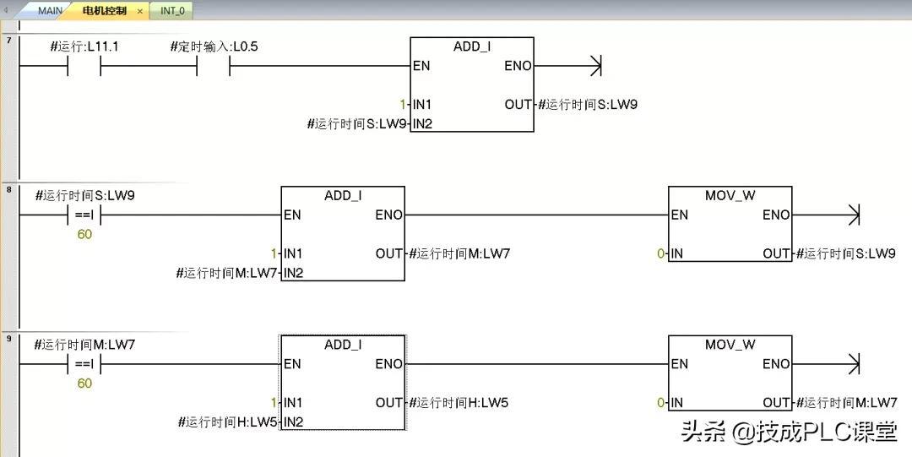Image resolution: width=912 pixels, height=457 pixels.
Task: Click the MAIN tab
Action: tap(50, 11)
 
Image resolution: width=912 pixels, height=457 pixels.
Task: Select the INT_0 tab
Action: tap(172, 11)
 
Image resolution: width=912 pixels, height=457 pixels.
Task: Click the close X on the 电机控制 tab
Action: tap(140, 11)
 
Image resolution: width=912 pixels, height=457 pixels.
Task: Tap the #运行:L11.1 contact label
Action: tap(84, 46)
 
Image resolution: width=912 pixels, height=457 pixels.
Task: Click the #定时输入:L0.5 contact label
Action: tap(214, 46)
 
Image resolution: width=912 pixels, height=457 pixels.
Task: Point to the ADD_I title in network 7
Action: tap(472, 46)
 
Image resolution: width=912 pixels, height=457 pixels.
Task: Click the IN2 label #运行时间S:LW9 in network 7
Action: tap(358, 124)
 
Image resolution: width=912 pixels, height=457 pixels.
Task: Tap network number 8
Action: tap(9, 189)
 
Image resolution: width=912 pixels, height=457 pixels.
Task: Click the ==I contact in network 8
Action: tap(84, 215)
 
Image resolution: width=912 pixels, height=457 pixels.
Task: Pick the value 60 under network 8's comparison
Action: tap(84, 234)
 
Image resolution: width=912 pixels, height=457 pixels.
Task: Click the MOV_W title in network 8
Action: tap(730, 195)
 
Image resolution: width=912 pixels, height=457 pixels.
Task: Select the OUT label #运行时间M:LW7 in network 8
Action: tap(459, 253)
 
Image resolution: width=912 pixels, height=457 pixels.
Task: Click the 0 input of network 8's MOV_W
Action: tap(661, 253)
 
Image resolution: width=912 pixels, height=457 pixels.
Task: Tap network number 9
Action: tap(9, 339)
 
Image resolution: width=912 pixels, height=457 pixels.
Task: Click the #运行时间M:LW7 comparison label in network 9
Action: tap(84, 345)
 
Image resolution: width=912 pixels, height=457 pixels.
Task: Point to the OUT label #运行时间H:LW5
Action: tap(459, 403)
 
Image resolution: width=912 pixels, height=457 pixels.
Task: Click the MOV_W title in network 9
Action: tap(730, 345)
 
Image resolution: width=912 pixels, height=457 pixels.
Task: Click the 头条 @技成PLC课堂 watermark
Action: tap(789, 433)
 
